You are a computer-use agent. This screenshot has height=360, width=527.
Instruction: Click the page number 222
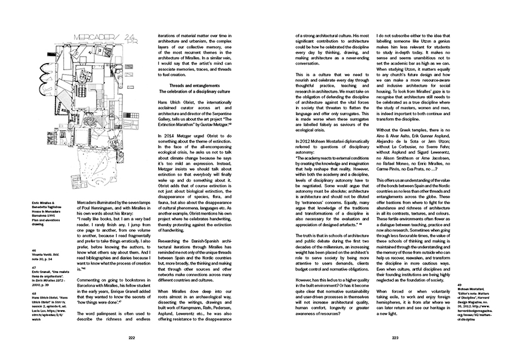(x=131, y=338)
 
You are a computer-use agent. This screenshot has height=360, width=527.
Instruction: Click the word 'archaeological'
(x=221, y=295)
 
